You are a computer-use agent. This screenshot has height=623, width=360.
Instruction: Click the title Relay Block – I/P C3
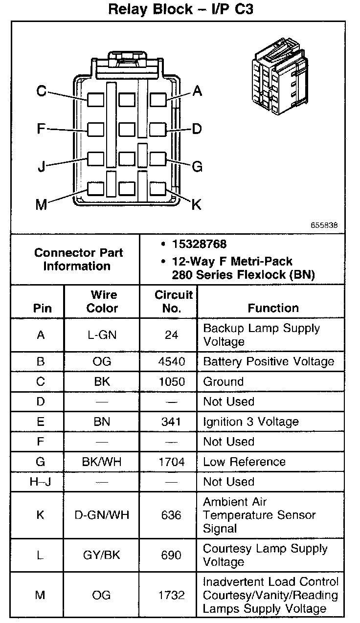tap(180, 9)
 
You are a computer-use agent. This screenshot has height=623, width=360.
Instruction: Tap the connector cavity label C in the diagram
tap(42, 91)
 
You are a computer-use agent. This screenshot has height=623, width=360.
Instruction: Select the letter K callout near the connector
tap(196, 204)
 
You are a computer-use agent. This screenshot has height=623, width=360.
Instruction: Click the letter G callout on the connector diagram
tap(197, 167)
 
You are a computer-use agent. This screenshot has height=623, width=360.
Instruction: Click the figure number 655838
tap(324, 226)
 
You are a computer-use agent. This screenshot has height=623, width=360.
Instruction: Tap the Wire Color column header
tap(102, 301)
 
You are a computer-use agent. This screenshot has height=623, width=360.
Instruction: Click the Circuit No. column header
tap(174, 301)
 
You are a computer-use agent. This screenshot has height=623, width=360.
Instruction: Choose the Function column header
tap(273, 308)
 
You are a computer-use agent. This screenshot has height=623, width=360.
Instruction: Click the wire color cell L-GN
tap(102, 335)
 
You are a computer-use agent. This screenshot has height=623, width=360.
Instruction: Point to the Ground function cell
tap(223, 381)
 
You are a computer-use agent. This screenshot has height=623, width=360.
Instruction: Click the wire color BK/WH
tap(102, 462)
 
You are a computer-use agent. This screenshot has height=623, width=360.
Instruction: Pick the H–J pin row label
tap(41, 482)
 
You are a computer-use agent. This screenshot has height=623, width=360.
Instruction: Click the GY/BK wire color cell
tap(102, 555)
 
